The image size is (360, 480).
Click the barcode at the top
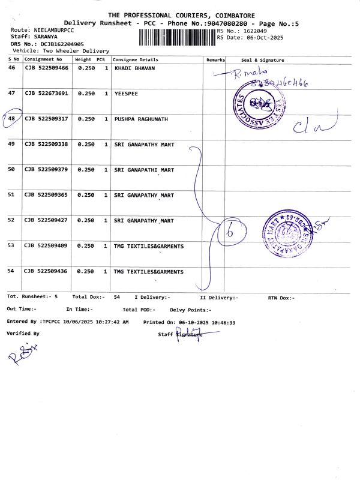coord(177,38)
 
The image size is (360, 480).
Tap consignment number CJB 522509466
coord(46,68)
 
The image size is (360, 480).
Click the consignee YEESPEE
coord(126,94)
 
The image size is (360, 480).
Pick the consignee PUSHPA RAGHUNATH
coord(141,119)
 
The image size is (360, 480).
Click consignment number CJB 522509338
coord(46,145)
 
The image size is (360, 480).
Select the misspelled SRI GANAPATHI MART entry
coord(144,170)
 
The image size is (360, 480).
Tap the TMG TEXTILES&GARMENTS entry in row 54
coord(149,272)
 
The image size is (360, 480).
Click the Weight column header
coord(83,60)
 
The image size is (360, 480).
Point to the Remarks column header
coord(215,60)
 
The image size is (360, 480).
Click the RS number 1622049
coord(254,31)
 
